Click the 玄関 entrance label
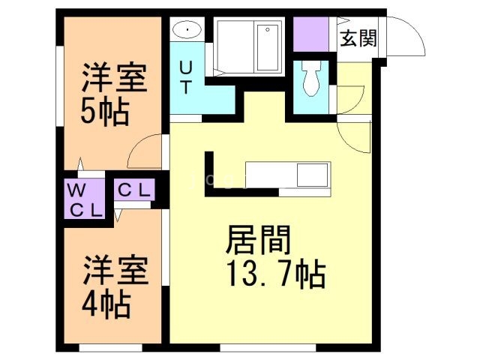point(358,38)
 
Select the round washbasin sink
point(186,31)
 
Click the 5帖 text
point(105,112)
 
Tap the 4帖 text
point(106,304)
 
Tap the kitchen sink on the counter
point(311,175)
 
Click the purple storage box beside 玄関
point(310,33)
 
